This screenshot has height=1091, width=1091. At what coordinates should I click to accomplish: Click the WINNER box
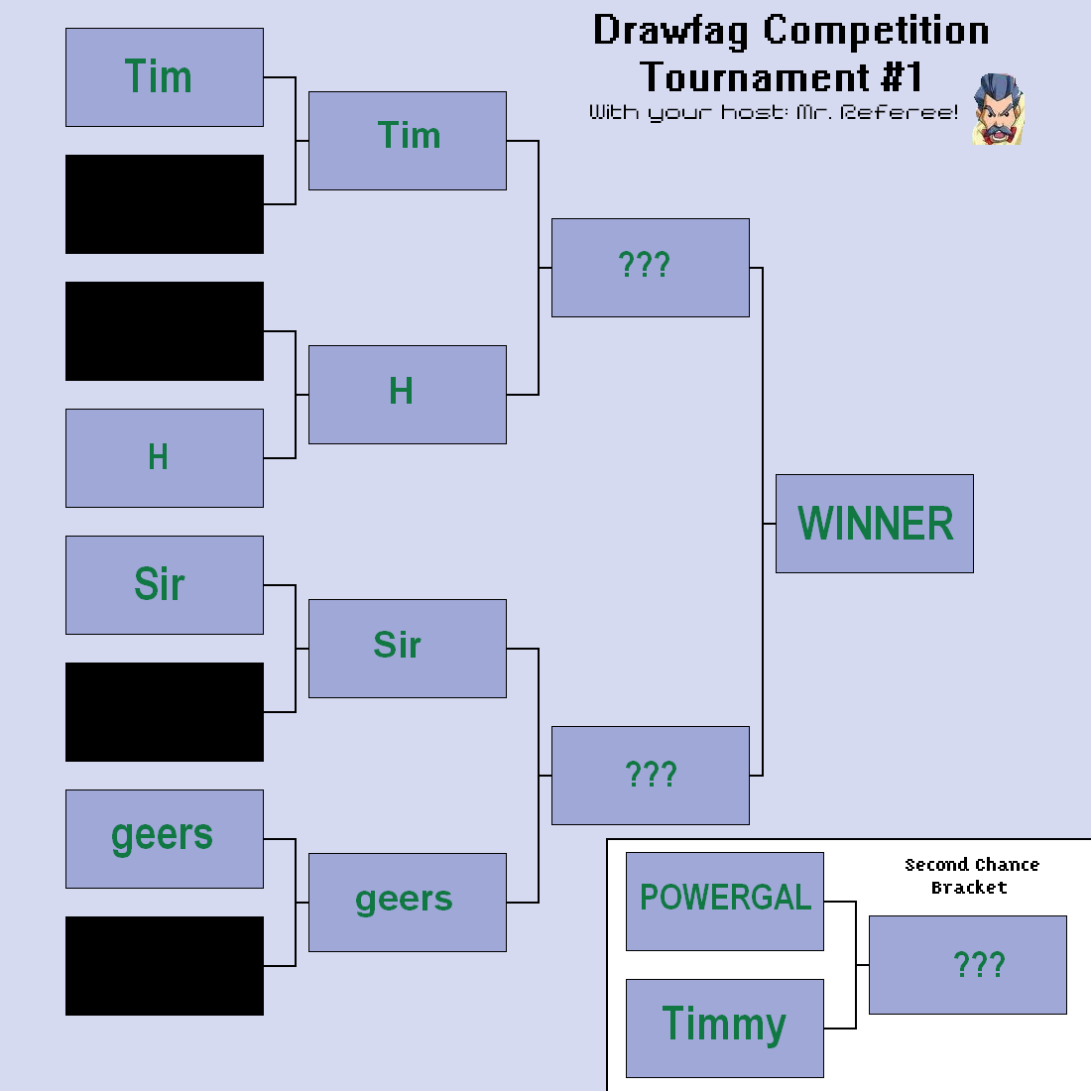[x=875, y=524]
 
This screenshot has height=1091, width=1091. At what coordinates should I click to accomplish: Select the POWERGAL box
[x=725, y=901]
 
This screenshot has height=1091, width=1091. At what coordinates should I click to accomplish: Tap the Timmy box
[x=725, y=1029]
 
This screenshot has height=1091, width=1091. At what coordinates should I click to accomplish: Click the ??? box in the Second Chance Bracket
[x=968, y=965]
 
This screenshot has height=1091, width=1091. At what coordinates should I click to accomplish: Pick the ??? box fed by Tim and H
[x=651, y=268]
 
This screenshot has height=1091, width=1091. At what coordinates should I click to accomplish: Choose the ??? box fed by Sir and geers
[x=651, y=776]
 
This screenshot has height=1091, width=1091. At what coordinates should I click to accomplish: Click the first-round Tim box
[x=165, y=77]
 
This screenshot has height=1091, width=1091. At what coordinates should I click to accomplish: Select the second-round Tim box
[x=408, y=141]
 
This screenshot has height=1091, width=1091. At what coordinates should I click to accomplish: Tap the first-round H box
[x=165, y=458]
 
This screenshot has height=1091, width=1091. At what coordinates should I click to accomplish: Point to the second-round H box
[x=408, y=395]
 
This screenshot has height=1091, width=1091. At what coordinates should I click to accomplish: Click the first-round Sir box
[x=165, y=585]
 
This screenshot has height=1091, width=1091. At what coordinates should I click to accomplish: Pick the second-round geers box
[x=408, y=903]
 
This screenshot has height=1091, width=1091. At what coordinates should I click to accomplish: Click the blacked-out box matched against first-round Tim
[x=165, y=204]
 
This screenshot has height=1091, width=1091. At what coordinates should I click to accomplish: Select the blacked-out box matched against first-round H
[x=165, y=331]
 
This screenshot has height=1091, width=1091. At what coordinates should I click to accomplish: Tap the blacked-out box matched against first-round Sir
[x=165, y=712]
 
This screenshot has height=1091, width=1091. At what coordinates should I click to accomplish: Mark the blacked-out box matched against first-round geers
[x=165, y=966]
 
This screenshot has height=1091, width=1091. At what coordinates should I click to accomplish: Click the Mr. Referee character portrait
[x=999, y=109]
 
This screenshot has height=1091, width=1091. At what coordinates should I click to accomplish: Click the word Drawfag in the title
[x=670, y=32]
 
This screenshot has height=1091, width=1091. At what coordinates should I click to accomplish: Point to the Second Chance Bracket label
[x=971, y=876]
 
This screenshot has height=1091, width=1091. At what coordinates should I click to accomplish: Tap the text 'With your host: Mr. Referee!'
[x=773, y=113]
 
